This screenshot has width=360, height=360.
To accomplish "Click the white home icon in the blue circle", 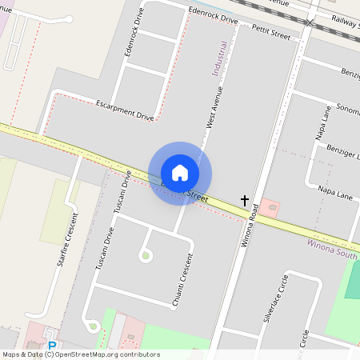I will point(180,172).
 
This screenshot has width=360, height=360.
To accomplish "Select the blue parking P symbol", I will point(53,346).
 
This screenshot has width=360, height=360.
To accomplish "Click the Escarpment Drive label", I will point(124,110).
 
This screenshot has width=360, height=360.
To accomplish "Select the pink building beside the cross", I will point(270,208).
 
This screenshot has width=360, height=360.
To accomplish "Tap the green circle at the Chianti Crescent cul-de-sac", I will point(145,256).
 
